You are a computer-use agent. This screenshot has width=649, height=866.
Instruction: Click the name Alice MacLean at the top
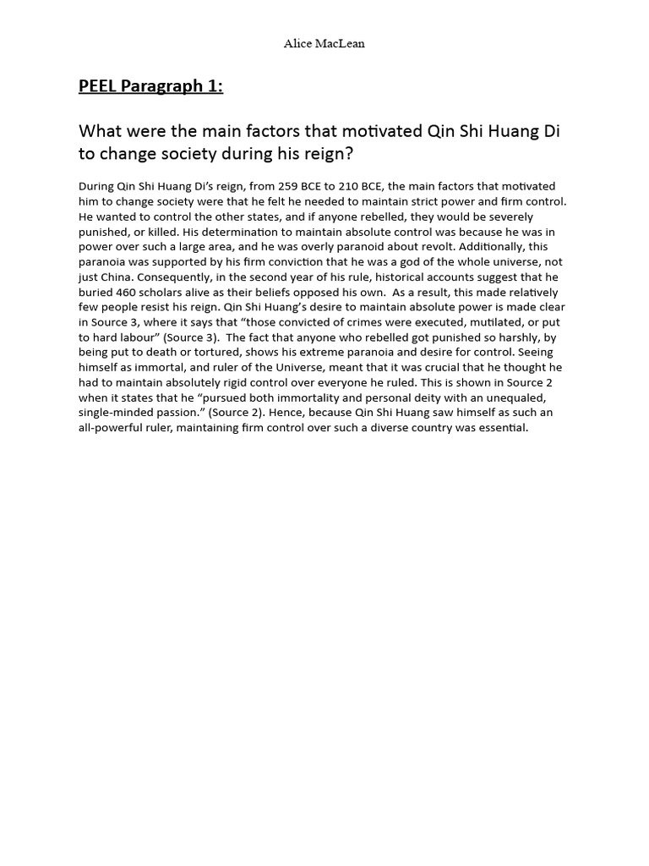coord(324,44)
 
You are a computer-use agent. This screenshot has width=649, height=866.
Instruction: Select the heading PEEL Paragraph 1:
coord(150,86)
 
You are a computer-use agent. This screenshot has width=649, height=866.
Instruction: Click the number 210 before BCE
coord(353,186)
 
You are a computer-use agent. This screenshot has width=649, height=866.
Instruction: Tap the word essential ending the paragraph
coord(500,428)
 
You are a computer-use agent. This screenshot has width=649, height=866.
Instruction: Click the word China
coord(114,277)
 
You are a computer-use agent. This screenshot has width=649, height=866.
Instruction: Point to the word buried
coord(97,293)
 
